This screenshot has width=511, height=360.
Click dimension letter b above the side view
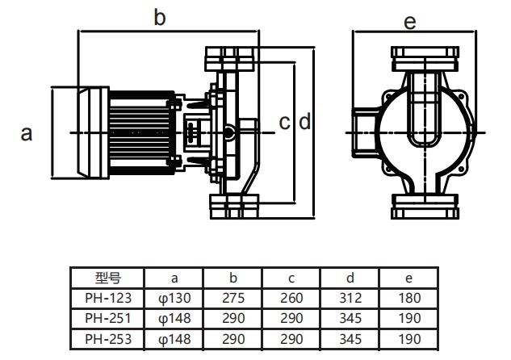pos(160,18)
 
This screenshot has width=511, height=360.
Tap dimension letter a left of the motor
pos(27,133)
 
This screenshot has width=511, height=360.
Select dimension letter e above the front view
pos(410,22)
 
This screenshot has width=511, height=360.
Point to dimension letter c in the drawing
pos(284,123)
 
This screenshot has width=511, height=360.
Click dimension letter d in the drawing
pos(304,123)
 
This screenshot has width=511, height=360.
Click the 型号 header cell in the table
pos(107,278)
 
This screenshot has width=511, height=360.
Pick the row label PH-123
pos(107,297)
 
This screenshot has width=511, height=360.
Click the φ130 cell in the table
pos(175,297)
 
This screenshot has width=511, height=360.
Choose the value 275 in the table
pos(233,297)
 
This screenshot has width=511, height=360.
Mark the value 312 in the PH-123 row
pos(350,297)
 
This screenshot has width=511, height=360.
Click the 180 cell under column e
pos(408,297)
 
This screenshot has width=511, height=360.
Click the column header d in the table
pos(350,278)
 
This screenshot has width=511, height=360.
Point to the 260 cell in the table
pos(291,297)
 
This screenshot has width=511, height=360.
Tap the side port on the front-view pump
pos(360,132)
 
